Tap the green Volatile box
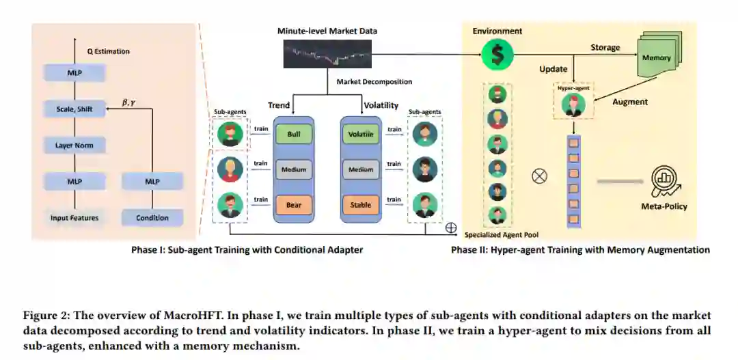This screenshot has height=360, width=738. tap(361, 135)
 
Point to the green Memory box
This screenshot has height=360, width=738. tap(657, 59)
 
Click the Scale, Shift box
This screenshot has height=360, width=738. tap(74, 109)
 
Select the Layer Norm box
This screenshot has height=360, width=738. tap(74, 145)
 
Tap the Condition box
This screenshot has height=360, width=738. tap(152, 218)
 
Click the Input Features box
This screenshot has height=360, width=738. tap(74, 218)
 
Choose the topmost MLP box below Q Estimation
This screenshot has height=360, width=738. tap(74, 72)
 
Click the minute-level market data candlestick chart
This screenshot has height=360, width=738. tap(328, 53)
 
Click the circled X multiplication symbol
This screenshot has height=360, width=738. tap(540, 176)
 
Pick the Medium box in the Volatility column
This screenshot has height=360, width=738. tap(361, 169)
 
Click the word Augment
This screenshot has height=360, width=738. tap(629, 102)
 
